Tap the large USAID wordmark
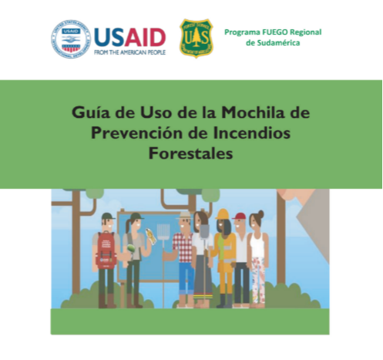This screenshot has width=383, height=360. (x=129, y=35)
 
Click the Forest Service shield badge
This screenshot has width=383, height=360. (x=196, y=39)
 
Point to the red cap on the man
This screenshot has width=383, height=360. (x=240, y=215)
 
